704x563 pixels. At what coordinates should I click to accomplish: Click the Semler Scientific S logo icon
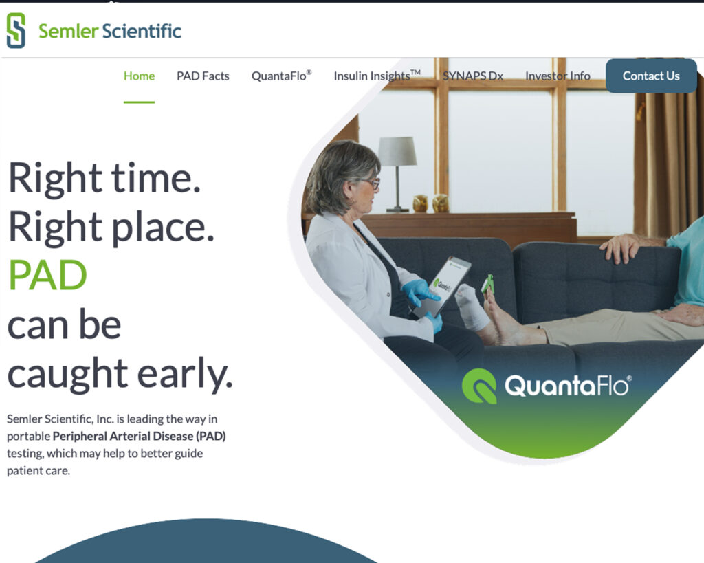(16, 30)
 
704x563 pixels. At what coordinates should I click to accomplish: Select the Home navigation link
(139, 76)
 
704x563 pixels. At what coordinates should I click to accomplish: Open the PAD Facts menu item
(203, 76)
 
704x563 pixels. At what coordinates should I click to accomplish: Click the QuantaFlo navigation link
(281, 76)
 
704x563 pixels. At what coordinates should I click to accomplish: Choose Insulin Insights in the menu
(377, 76)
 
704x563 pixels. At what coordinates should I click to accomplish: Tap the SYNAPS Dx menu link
(473, 76)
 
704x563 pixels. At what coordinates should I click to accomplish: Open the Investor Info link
(558, 76)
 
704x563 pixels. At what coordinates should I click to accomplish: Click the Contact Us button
(651, 76)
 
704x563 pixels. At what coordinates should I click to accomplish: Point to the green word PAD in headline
(47, 275)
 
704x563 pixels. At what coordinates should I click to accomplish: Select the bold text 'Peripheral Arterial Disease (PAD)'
(139, 436)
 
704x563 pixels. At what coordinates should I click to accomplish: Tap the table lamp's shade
(397, 151)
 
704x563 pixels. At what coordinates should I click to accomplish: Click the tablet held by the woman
(443, 287)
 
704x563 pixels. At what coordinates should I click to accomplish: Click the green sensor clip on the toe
(487, 284)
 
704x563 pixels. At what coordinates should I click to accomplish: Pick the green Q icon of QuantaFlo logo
(479, 386)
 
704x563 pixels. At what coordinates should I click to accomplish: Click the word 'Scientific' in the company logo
(142, 31)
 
